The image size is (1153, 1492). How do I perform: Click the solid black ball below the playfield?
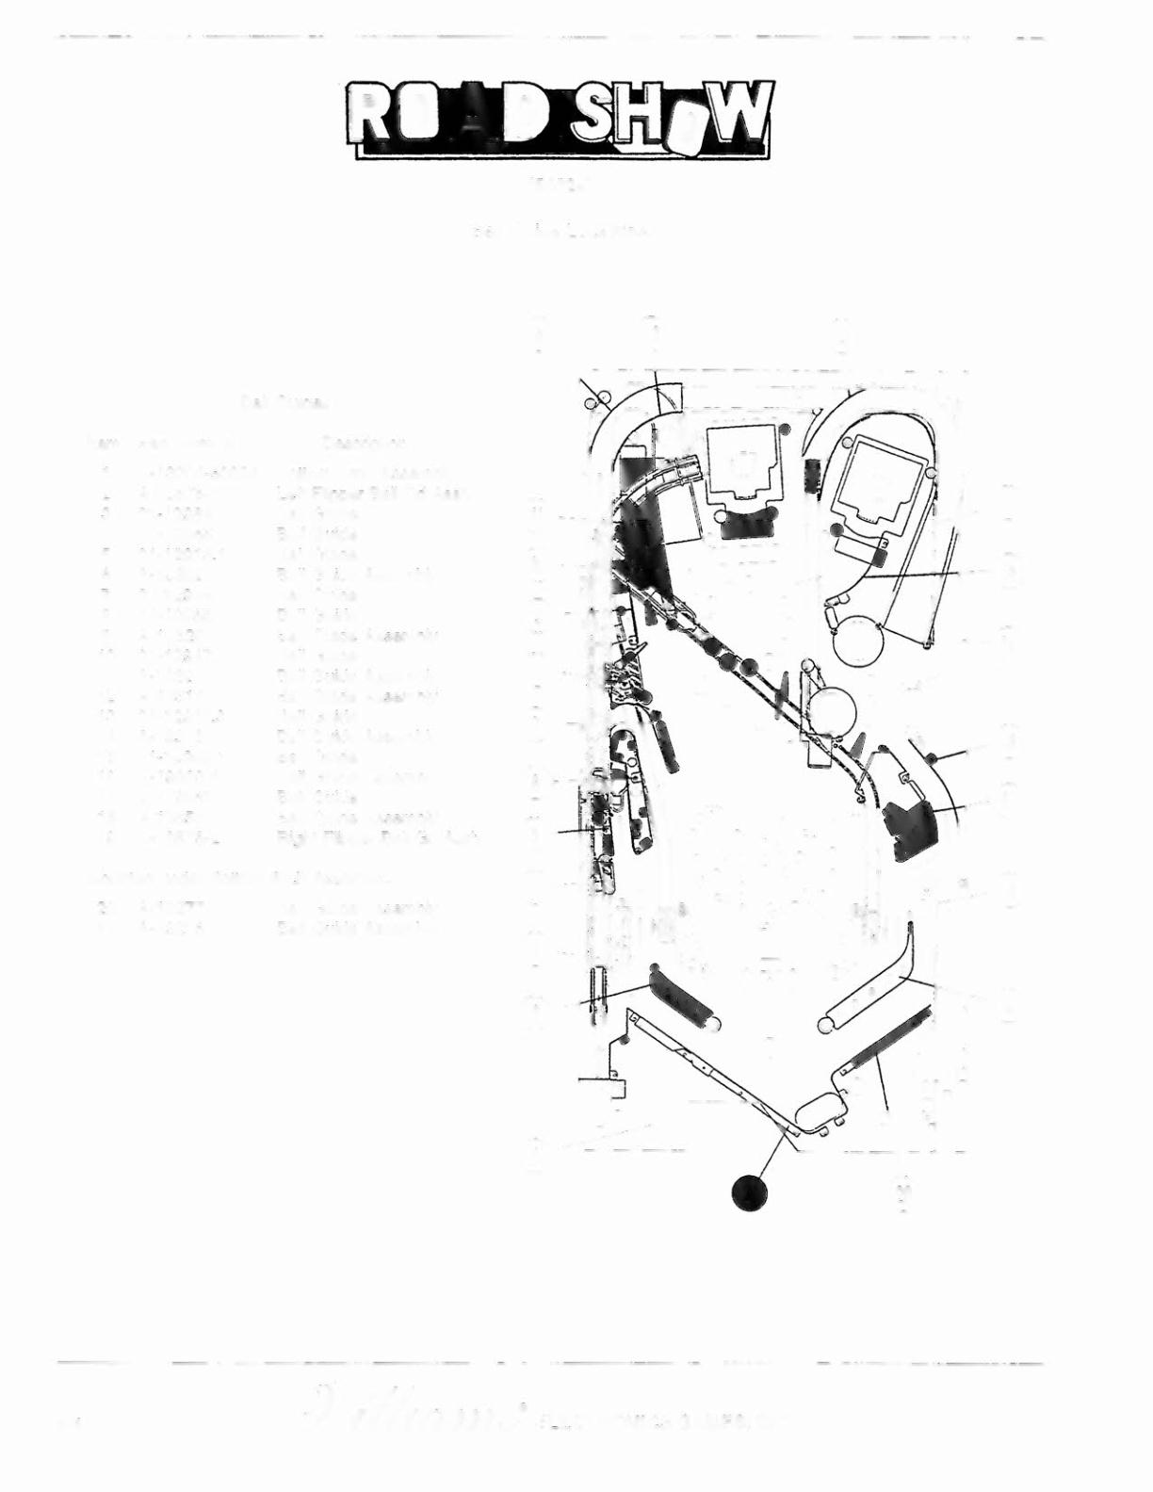[749, 1193]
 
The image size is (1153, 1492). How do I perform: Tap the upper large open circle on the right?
[859, 641]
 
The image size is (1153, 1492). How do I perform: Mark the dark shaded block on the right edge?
[910, 829]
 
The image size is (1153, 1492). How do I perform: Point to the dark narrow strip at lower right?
[893, 1040]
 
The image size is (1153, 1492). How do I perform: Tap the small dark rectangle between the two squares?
[813, 474]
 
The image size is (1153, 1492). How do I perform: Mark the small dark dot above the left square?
[785, 430]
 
